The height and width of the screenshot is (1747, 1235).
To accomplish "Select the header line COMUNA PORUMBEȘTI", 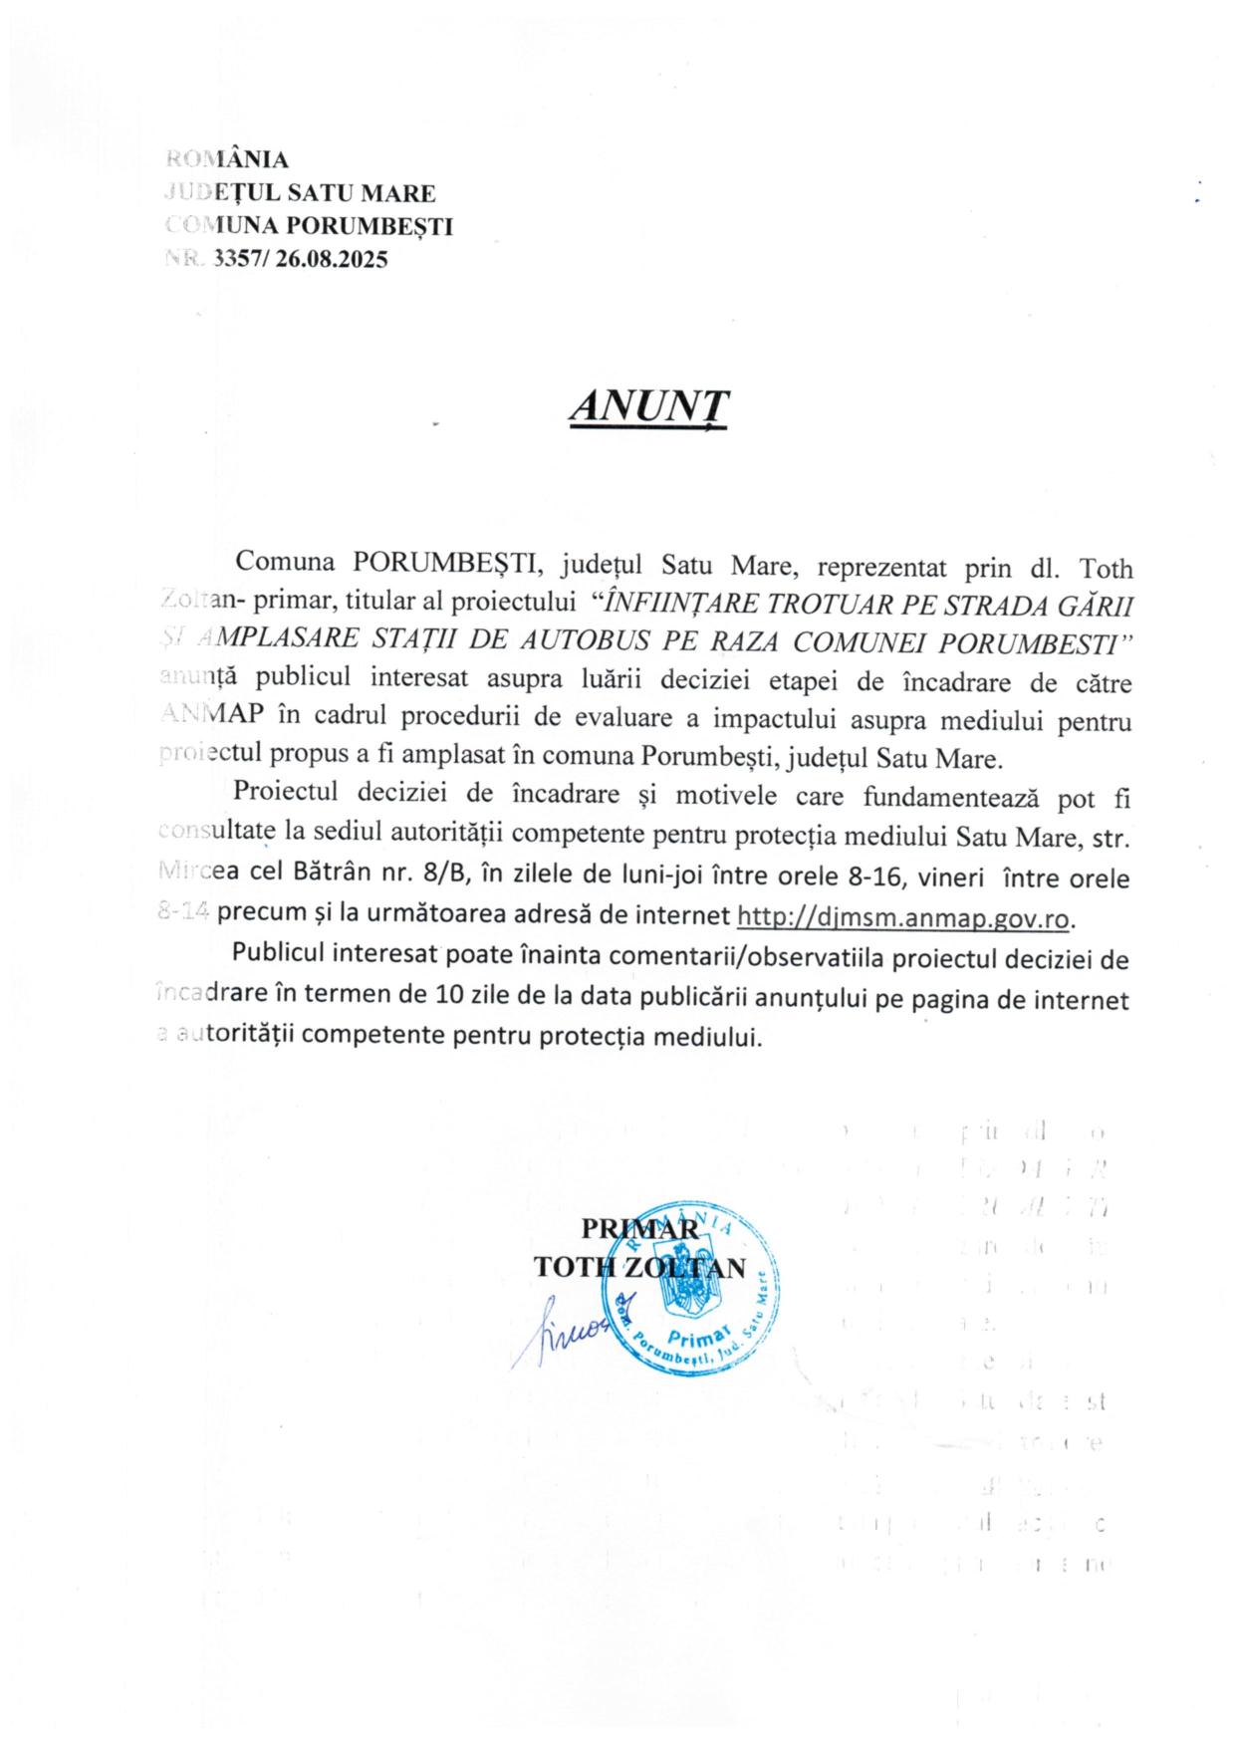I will [x=310, y=226].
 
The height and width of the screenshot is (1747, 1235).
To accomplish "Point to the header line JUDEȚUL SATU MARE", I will [x=300, y=192].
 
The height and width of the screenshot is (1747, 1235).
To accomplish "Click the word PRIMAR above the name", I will [x=639, y=1229].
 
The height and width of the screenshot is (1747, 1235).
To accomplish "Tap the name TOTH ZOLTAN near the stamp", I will [x=639, y=1267].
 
